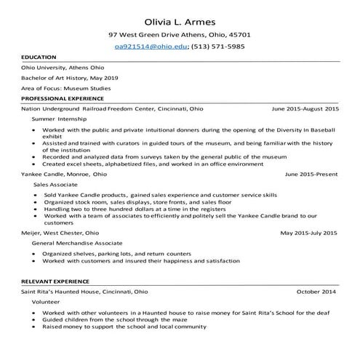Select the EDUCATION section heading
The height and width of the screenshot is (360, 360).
[39, 57]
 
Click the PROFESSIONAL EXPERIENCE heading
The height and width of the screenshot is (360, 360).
[61, 97]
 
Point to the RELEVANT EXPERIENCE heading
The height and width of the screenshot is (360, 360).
[55, 281]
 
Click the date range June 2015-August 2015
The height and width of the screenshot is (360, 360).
[305, 108]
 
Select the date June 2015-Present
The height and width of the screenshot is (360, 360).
[311, 175]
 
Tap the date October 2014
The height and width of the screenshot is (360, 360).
[318, 291]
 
